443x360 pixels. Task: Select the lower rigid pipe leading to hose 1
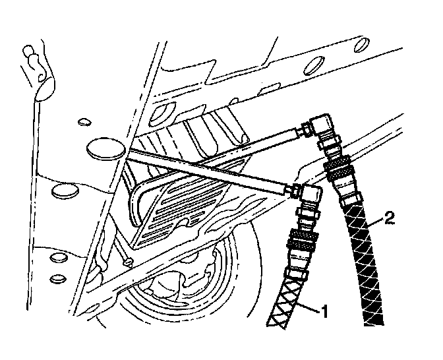pos(211,170)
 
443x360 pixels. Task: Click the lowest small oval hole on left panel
pos(57,278)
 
